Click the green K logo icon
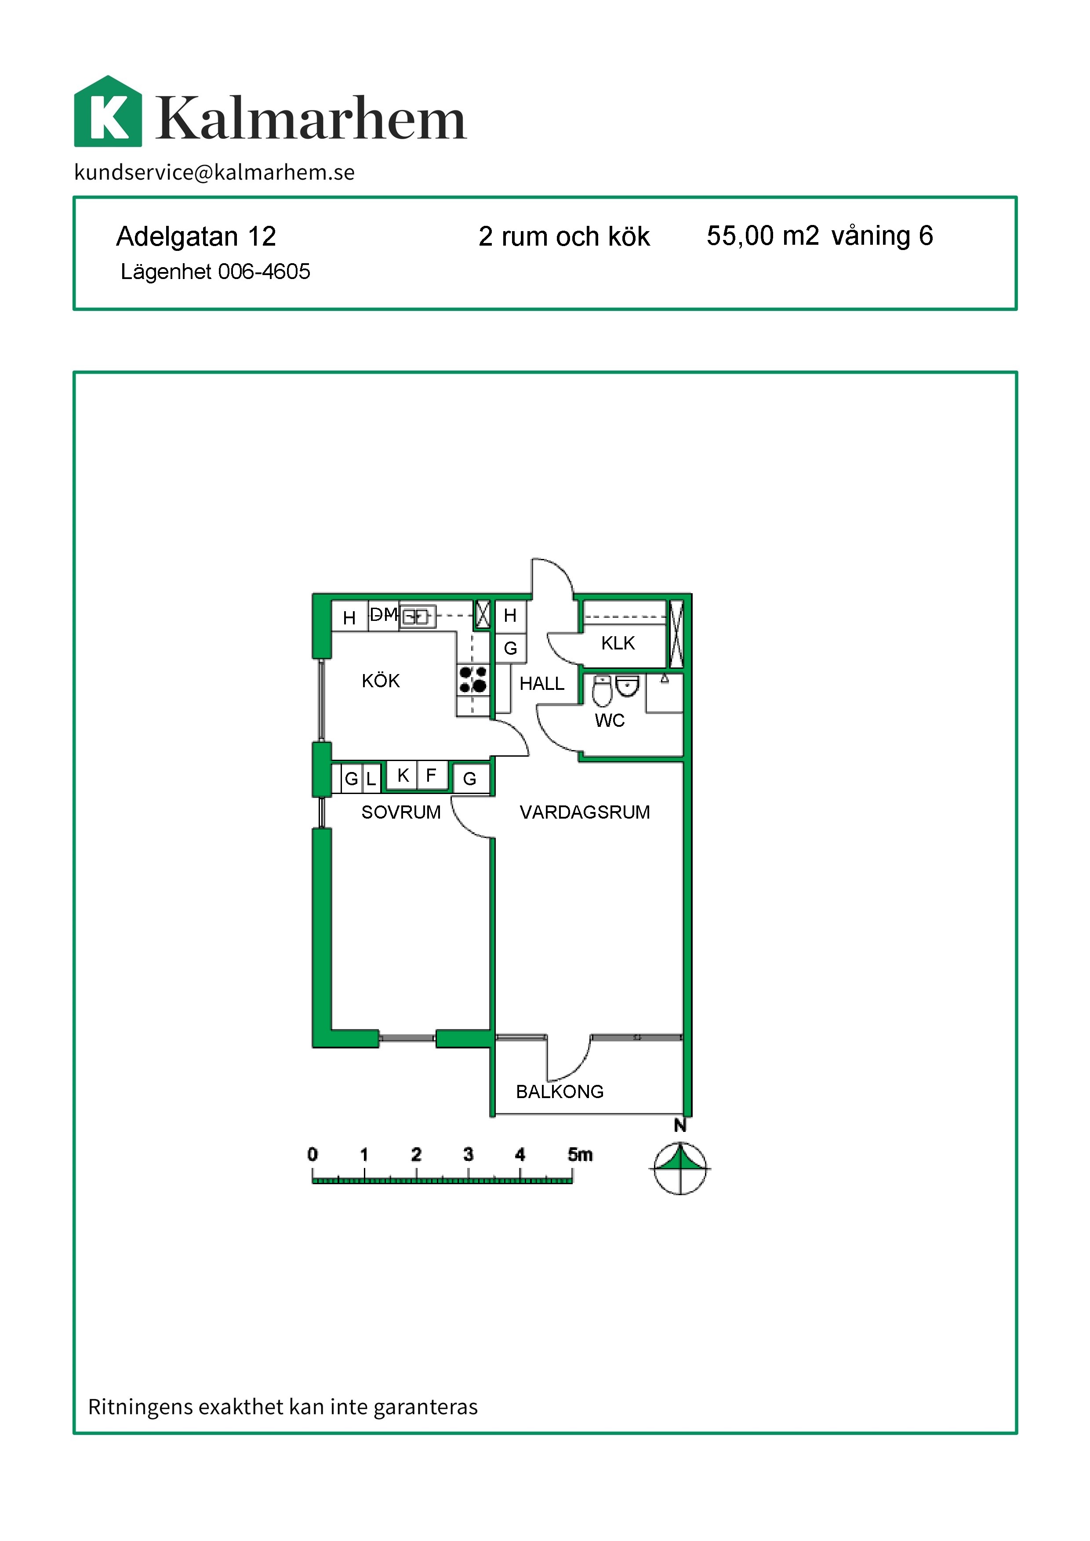pyautogui.click(x=108, y=112)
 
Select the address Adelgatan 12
pyautogui.click(x=196, y=236)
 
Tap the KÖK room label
pyautogui.click(x=381, y=681)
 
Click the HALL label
pyautogui.click(x=541, y=683)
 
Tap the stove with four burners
pyautogui.click(x=473, y=679)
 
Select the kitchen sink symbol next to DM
pyautogui.click(x=418, y=616)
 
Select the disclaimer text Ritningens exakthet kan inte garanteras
pyautogui.click(x=283, y=1407)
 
